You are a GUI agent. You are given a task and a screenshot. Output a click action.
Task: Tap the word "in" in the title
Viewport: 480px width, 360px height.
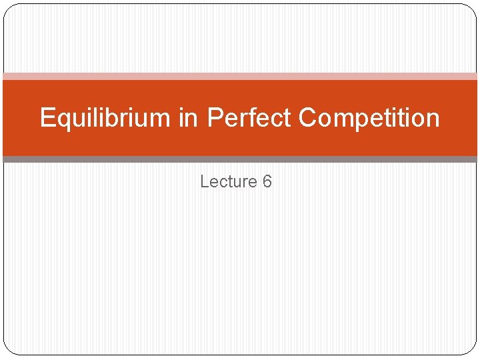[x=189, y=118]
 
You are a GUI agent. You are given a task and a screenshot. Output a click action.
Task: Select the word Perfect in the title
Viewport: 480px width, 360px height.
[x=249, y=118]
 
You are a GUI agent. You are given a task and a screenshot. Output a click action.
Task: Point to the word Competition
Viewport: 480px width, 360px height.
[x=369, y=118]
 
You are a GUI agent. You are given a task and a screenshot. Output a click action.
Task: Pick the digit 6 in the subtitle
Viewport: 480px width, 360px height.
[x=267, y=181]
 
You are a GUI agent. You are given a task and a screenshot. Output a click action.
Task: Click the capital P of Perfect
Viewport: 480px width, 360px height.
[x=215, y=118]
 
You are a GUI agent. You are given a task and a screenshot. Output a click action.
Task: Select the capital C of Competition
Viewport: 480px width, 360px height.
[x=307, y=118]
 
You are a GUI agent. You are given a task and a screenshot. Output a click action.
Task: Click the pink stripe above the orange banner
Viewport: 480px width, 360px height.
[x=240, y=76]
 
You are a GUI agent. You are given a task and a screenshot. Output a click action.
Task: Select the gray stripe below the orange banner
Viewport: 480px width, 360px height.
[x=240, y=159]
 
